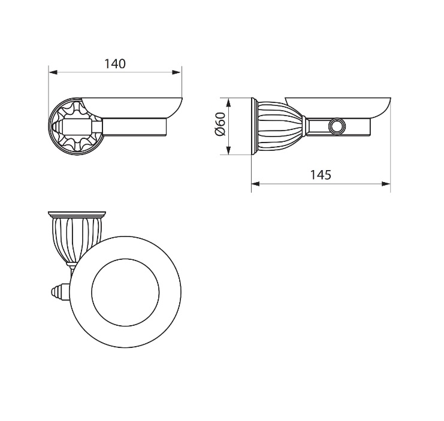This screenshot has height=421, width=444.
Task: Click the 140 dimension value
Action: tap(115, 64)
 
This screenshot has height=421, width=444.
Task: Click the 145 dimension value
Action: tap(321, 175)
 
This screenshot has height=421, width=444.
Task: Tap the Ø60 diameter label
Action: tap(221, 124)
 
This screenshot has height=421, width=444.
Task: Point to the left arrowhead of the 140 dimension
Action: tap(53, 72)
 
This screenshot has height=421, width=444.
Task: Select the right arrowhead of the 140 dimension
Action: tap(176, 72)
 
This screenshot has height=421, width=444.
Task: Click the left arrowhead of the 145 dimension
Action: tap(256, 184)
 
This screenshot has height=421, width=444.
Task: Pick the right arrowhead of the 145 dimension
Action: tap(386, 184)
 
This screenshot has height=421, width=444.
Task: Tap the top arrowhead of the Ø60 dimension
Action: tap(229, 102)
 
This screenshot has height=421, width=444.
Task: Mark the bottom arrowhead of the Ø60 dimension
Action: tap(229, 150)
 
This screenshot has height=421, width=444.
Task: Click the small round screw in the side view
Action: tap(337, 126)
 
